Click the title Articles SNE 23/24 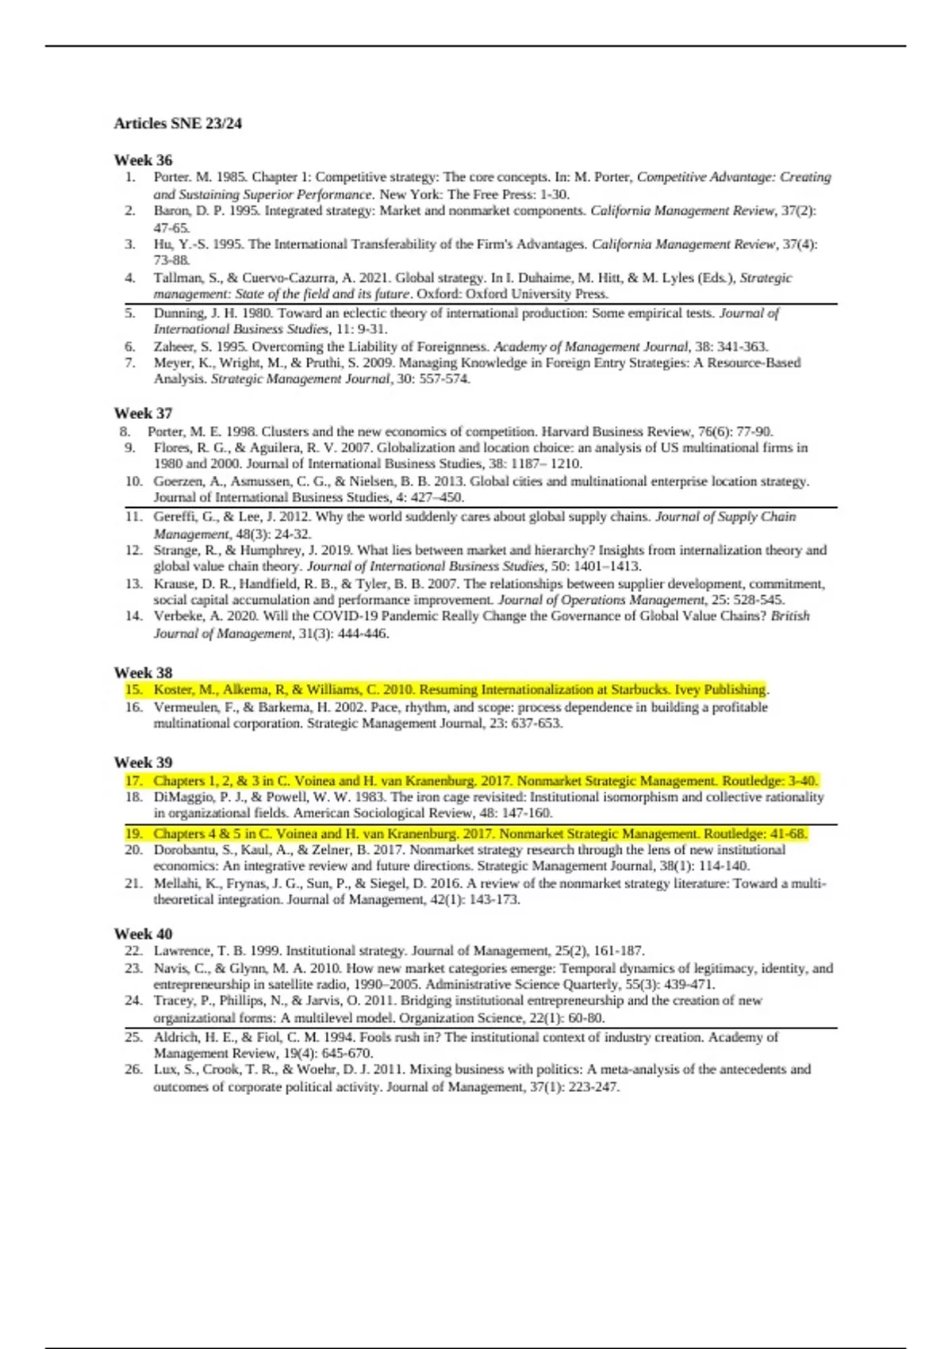(x=178, y=123)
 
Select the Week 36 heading (x=143, y=159)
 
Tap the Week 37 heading (x=143, y=413)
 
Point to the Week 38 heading (x=143, y=672)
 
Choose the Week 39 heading (x=143, y=762)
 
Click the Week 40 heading (x=143, y=933)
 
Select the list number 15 (x=132, y=690)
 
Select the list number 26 (x=132, y=1069)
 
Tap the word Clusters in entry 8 (x=284, y=432)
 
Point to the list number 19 (x=132, y=834)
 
